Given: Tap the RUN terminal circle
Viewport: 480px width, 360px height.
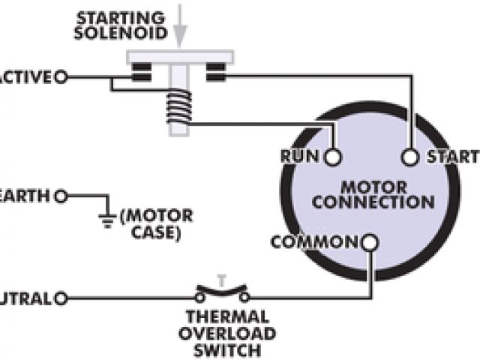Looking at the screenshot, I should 333,157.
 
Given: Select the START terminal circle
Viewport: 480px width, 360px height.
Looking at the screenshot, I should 409,157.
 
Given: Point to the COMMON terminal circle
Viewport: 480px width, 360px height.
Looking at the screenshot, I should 370,242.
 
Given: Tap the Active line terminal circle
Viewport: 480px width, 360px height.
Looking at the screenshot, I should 61,76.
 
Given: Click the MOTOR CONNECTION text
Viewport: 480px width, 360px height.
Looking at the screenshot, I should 373,194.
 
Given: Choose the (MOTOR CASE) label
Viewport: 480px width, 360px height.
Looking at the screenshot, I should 157,224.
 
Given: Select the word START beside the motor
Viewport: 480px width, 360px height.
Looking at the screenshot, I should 451,157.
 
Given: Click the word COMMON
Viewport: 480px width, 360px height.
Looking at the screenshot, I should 315,242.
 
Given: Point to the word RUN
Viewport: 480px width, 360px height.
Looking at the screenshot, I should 301,157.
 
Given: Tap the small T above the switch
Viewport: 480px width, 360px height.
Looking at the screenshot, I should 221,280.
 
